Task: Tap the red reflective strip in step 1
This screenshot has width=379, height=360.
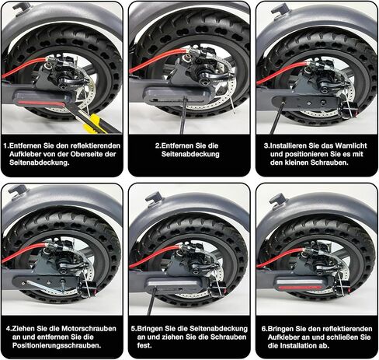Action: point(41,103)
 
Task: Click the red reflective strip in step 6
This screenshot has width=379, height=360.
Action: point(302,287)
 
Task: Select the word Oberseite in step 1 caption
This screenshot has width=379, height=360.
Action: point(88,154)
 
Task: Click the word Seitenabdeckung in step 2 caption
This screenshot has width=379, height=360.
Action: point(190,154)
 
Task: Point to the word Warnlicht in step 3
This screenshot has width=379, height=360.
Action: point(351,145)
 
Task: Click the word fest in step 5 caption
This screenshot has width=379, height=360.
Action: point(144,345)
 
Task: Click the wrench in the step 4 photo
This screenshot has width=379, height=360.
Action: point(45,285)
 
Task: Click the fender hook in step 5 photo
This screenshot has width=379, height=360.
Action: point(154,197)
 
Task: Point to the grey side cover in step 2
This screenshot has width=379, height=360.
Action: point(179,96)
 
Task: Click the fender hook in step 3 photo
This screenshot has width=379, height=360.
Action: point(280,9)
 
